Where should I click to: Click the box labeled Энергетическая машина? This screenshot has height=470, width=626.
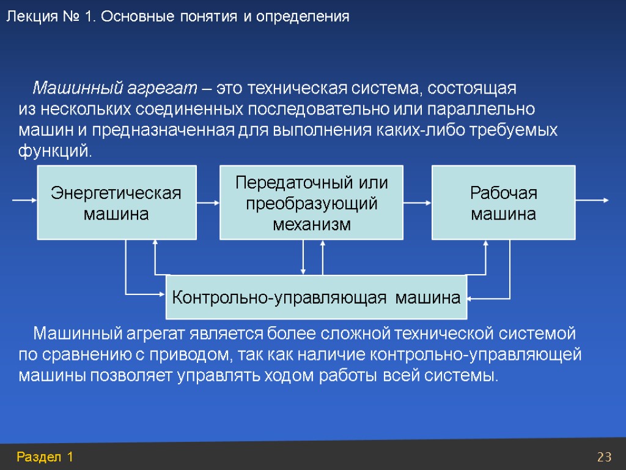coord(117,202)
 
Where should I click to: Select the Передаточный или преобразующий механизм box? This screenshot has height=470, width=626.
coord(311,202)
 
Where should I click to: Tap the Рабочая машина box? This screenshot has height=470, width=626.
coord(504,202)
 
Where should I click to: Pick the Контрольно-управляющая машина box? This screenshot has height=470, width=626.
coord(316,297)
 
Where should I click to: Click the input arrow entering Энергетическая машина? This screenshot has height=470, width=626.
coord(25,200)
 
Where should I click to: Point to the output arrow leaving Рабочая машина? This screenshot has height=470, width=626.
coord(592,200)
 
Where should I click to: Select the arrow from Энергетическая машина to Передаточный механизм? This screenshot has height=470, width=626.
coord(208,202)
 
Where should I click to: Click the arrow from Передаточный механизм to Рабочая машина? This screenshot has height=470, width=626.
coord(418,202)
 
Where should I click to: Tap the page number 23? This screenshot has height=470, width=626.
coord(605,457)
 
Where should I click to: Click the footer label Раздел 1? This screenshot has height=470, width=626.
coord(46,457)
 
